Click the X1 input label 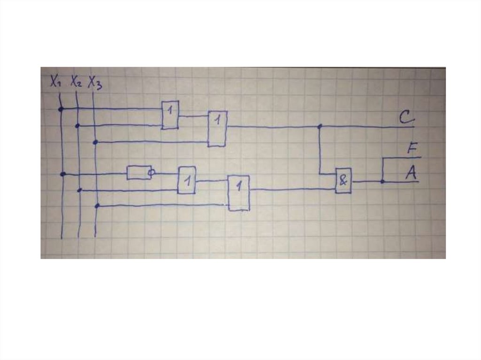point(55,81)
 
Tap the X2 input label point(76,82)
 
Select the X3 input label point(95,83)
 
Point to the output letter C point(407,117)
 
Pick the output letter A point(411,173)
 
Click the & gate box point(343,181)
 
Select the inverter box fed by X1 point(139,173)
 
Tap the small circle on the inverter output point(151,173)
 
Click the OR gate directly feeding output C point(217,129)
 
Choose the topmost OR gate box point(170,115)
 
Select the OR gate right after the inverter point(187,180)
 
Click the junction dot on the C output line point(319,126)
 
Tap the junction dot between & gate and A point(382,182)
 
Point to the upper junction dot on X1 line point(61,109)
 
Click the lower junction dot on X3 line point(97,206)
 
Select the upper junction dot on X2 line point(78,126)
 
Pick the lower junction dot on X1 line point(63,174)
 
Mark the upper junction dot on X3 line point(95,142)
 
